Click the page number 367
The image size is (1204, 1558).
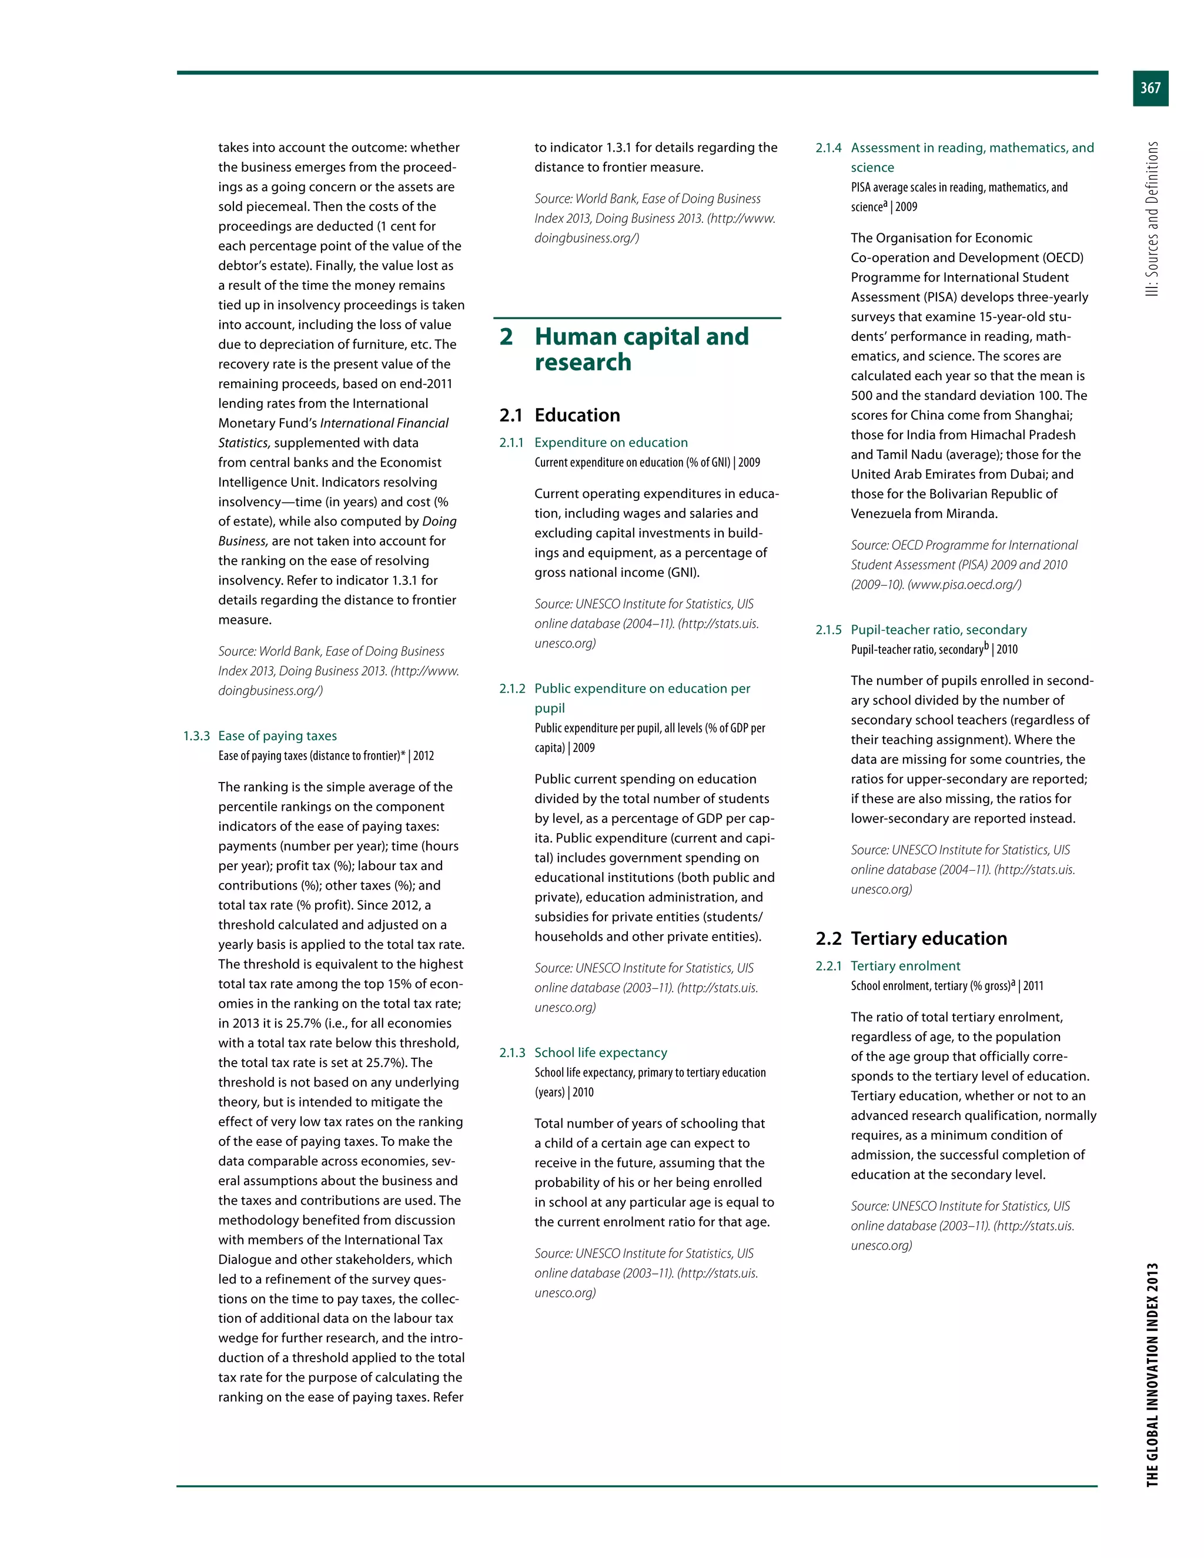click(x=1150, y=88)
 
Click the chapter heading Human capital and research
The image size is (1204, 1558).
click(x=641, y=349)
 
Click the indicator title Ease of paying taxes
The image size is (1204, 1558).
click(x=277, y=735)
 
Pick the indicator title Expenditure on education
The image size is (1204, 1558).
click(x=611, y=442)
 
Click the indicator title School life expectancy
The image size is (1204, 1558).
click(x=601, y=1052)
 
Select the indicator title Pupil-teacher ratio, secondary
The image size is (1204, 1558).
click(x=939, y=629)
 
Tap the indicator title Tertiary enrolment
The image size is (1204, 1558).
click(x=905, y=965)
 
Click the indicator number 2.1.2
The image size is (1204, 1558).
click(x=512, y=688)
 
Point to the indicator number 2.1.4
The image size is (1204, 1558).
click(x=828, y=148)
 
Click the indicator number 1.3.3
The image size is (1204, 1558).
click(x=196, y=735)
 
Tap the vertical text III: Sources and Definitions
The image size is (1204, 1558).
click(x=1152, y=219)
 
